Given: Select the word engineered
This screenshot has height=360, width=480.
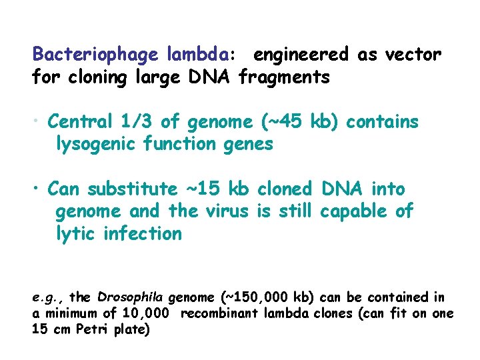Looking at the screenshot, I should [301, 55].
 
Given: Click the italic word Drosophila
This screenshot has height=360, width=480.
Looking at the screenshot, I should [131, 297].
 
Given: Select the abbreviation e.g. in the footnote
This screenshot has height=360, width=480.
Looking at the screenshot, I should [47, 297].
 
